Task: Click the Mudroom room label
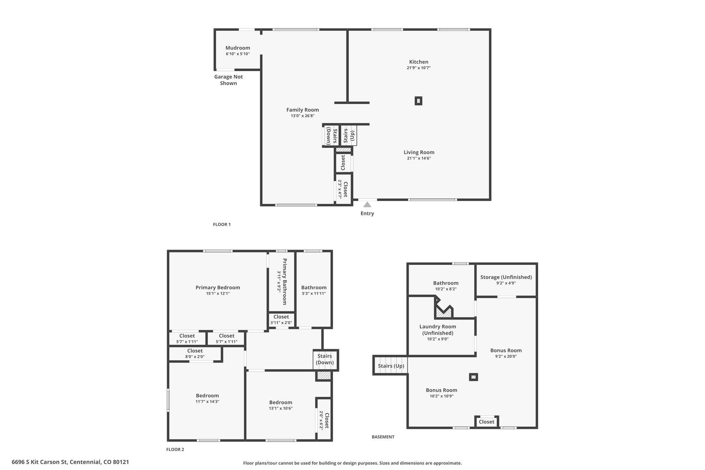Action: tap(238, 48)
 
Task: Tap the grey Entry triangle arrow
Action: tap(367, 205)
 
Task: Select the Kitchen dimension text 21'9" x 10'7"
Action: tap(419, 68)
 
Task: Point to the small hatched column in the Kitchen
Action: tap(418, 101)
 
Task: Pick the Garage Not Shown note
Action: tap(228, 80)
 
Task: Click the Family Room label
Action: tap(303, 110)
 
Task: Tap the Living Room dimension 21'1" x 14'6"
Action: tap(419, 158)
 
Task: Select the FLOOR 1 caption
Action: tap(222, 224)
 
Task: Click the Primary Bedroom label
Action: tap(218, 288)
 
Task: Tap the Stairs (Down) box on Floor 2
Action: tap(325, 360)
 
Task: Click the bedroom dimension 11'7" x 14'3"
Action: tap(208, 401)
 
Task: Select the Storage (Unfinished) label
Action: tap(506, 277)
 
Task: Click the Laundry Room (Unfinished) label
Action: tap(438, 330)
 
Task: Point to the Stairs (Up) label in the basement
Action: tap(391, 366)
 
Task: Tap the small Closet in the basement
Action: tap(486, 422)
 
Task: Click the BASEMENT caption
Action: tap(383, 437)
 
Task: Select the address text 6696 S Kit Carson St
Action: tap(40, 462)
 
